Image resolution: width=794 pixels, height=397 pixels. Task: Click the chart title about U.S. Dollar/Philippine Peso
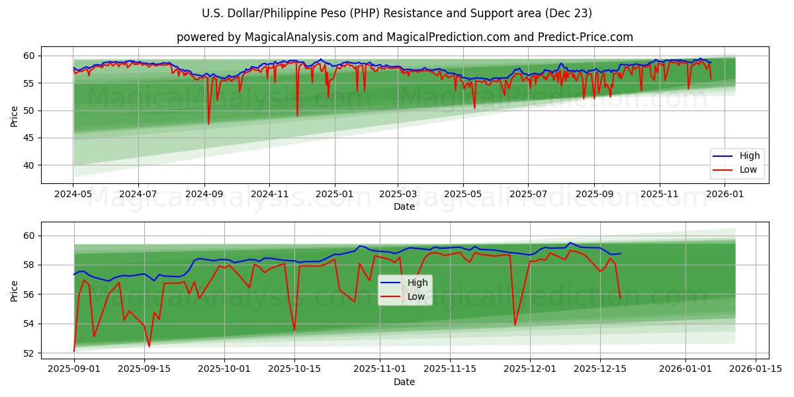tap(397, 13)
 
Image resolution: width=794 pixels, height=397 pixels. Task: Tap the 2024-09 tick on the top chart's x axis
tap(204, 194)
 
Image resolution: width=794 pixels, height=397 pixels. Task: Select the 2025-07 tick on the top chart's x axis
tap(528, 194)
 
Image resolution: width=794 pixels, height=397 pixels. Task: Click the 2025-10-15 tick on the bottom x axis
tap(294, 369)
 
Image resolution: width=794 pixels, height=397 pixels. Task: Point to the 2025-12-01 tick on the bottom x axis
tap(530, 369)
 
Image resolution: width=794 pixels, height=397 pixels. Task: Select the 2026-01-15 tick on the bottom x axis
tap(756, 369)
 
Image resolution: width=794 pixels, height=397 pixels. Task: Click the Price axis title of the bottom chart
tap(15, 290)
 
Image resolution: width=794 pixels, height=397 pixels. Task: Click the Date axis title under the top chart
tap(404, 206)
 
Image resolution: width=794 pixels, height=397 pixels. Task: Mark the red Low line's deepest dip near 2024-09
tap(208, 124)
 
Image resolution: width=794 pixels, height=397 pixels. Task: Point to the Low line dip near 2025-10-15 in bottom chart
tap(294, 330)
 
